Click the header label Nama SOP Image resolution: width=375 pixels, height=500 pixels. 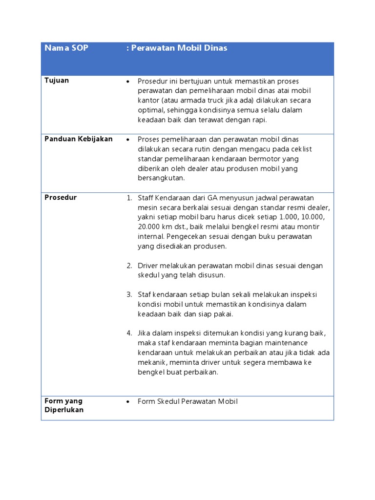(x=66, y=48)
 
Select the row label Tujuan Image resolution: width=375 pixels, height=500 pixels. (x=57, y=81)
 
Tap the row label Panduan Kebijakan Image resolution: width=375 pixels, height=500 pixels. (x=79, y=139)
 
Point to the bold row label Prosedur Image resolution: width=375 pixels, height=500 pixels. (x=61, y=198)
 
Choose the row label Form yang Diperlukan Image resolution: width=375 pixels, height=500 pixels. (x=64, y=405)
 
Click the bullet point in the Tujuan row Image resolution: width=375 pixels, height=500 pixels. (x=127, y=81)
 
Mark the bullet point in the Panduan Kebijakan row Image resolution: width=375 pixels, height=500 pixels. (x=127, y=140)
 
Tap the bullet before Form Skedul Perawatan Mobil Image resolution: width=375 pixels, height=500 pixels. (x=127, y=401)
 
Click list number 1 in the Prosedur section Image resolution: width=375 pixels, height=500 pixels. (x=129, y=198)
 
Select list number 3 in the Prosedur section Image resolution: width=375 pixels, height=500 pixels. (x=129, y=295)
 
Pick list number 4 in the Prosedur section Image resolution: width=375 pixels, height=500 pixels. (x=129, y=333)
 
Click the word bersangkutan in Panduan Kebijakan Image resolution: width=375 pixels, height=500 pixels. (x=161, y=178)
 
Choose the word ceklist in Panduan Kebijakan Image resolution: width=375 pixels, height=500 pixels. (x=301, y=149)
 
